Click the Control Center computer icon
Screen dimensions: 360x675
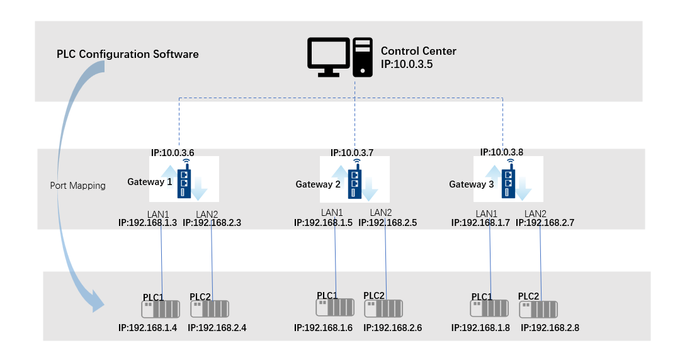coord(339,57)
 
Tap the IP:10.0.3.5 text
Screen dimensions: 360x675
coord(407,64)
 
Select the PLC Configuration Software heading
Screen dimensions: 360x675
coord(128,54)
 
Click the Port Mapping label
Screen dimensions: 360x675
coord(78,186)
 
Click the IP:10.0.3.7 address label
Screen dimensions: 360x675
coord(352,153)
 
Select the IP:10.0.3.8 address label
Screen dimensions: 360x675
coord(502,152)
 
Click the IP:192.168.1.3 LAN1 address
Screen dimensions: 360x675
coord(148,223)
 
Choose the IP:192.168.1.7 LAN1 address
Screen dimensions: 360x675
coord(481,223)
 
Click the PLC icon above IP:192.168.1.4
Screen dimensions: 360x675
coord(161,309)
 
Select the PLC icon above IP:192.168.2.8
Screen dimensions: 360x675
coord(538,309)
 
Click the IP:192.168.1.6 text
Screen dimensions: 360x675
coord(324,328)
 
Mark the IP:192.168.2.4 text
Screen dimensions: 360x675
coord(217,328)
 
